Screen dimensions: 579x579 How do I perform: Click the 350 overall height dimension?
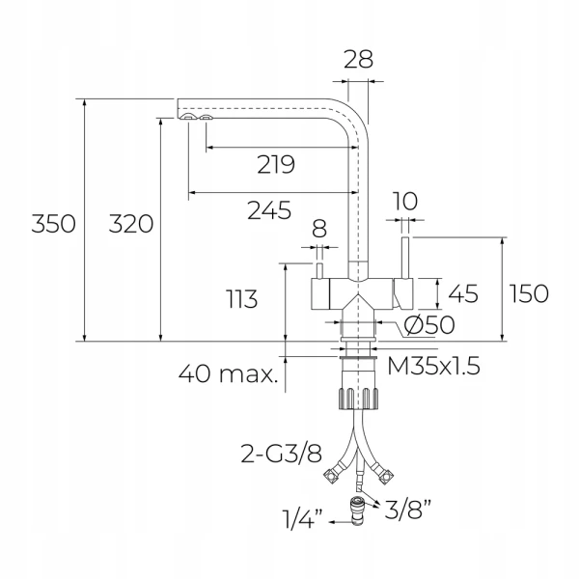click(x=53, y=224)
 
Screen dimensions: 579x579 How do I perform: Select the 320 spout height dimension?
click(x=131, y=224)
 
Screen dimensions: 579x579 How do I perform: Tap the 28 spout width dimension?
click(x=358, y=59)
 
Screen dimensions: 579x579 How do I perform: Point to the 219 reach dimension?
click(x=276, y=164)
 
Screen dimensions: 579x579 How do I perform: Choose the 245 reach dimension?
click(x=269, y=210)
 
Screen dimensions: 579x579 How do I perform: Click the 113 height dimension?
click(x=242, y=299)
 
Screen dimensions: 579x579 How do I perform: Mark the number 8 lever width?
click(x=319, y=229)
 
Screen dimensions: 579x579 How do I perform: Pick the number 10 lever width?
click(x=404, y=202)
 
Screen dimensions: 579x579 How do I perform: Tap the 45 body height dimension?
click(x=463, y=293)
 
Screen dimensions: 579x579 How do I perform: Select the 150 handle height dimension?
click(x=529, y=293)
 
